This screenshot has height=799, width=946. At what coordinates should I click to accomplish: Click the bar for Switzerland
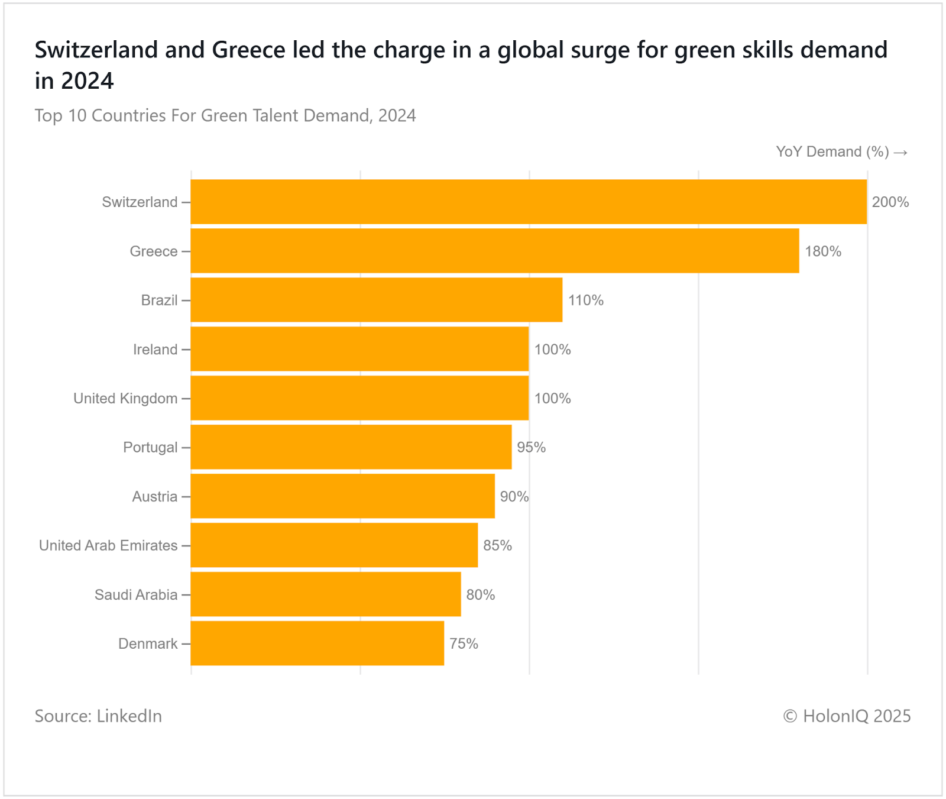[529, 202]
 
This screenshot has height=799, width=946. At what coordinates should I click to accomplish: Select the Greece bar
[495, 251]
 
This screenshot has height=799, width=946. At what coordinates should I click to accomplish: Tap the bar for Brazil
[377, 300]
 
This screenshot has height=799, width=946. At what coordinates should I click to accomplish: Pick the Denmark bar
[318, 643]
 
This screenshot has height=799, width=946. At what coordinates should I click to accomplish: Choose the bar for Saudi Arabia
[326, 594]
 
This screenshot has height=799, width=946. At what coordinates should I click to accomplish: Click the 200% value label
[890, 202]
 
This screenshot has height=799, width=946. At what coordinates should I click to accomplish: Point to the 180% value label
[822, 251]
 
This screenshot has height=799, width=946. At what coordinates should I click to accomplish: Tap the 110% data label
[585, 300]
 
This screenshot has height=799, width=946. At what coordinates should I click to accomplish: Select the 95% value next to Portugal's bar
[531, 448]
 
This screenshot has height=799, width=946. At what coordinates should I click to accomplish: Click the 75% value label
[464, 643]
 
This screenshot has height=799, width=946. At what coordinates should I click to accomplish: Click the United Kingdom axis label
[125, 399]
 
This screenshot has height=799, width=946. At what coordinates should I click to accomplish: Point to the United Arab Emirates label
[108, 545]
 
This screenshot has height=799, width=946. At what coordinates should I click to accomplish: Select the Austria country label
[154, 497]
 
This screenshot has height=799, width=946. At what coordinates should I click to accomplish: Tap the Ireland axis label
[155, 350]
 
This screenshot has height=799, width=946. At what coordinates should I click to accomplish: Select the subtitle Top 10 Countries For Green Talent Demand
[225, 115]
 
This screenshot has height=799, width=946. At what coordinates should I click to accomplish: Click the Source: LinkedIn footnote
[98, 716]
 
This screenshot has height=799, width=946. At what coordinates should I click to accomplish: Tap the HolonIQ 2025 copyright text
[847, 716]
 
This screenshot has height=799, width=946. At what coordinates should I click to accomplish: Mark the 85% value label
[497, 545]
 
